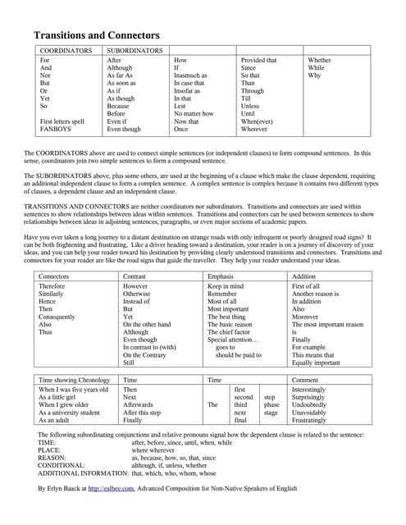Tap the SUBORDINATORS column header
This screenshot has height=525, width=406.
tap(135, 51)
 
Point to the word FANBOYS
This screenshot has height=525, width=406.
tap(57, 130)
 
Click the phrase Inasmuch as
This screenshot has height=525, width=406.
tap(190, 75)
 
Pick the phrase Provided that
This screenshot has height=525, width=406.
tap(258, 61)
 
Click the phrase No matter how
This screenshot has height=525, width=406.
tap(194, 114)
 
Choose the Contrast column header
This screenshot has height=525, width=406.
tap(135, 276)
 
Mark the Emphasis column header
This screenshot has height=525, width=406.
tap(222, 276)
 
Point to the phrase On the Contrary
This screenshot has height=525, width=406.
tap(144, 354)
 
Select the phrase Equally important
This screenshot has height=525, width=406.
tap(316, 363)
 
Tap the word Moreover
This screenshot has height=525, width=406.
tap(306, 316)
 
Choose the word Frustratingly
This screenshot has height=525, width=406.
tap(315, 419)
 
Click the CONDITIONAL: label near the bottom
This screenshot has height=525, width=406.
tap(62, 465)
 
